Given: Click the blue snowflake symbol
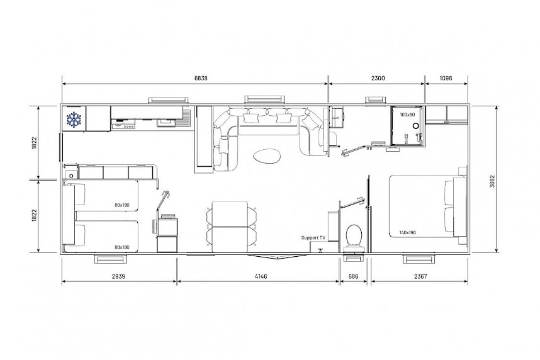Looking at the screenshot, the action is coord(74,119).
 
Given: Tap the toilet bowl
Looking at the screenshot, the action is coord(354,236).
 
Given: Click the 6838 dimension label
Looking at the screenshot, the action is coord(201,78).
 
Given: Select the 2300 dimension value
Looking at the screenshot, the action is coord(378,78).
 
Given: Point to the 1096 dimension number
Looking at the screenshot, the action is coord(446,78).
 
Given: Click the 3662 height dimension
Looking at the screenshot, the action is coord(492,181).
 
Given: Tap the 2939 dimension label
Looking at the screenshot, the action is coord(118,276).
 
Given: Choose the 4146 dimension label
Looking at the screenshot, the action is coord(261,276).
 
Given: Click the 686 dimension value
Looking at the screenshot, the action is coord(353,276).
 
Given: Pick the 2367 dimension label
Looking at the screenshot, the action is coord(420,276).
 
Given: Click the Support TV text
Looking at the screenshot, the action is coord(313,238).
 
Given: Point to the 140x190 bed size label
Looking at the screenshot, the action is coord(408,232).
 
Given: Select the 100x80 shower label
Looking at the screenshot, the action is coord(407,115).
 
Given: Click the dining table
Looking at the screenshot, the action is coord(230,227).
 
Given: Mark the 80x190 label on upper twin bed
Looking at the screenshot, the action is coord(122,205).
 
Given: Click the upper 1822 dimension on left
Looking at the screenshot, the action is coord(34,143).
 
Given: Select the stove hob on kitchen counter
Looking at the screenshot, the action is coord(123,125).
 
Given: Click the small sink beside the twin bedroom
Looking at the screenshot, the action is coord(71,173).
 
